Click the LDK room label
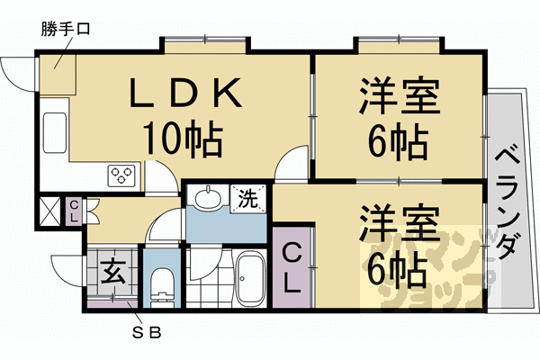[185, 93]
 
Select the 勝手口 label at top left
[66, 29]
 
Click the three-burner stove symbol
[121, 175]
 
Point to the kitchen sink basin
[55, 132]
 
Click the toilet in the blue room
[161, 287]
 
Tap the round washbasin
[207, 198]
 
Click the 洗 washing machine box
[248, 199]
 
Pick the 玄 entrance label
[112, 272]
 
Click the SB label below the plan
[147, 333]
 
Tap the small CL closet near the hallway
[74, 211]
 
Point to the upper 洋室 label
[400, 96]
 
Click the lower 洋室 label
[400, 223]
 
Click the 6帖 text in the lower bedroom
[398, 270]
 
